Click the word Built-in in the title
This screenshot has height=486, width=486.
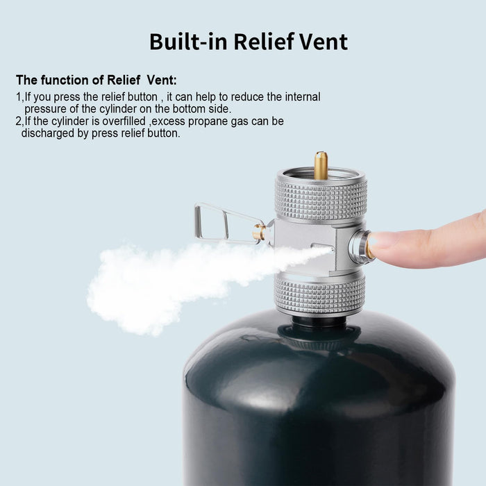[x=188, y=42]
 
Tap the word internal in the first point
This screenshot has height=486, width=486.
[x=303, y=97]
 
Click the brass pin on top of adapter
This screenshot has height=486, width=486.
[x=321, y=165]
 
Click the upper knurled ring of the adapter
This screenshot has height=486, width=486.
[x=321, y=200]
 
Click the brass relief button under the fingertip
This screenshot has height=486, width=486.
[x=369, y=249]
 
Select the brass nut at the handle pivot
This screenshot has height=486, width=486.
[x=259, y=232]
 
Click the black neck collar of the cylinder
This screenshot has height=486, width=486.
[x=319, y=322]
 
